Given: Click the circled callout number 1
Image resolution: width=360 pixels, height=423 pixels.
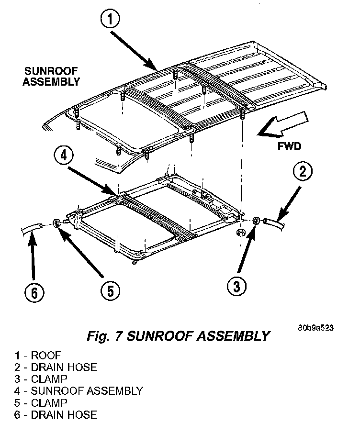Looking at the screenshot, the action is tap(110, 19).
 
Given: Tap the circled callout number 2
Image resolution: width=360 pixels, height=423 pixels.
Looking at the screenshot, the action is tap(303, 172).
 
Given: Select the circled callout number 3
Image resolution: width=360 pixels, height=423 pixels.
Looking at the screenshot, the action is tap(236, 286).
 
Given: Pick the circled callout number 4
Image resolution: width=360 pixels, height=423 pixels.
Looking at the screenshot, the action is tap(63, 156).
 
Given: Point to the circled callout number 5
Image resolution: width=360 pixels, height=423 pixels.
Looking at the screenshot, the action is tap(111, 291).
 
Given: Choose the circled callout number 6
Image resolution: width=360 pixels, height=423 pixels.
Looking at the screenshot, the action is tap(34, 293).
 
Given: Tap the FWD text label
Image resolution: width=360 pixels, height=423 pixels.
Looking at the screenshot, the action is tap(289, 146).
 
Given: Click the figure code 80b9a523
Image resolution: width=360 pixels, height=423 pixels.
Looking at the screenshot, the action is tap(316, 328).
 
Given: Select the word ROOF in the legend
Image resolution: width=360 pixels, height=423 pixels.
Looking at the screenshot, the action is tap(46, 355).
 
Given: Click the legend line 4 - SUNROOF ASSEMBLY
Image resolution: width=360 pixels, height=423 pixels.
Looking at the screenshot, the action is tap(79, 391).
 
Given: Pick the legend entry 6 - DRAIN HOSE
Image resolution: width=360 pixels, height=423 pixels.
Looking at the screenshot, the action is tap(56, 415).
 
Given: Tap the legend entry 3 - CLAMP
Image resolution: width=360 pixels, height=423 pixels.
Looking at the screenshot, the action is tap(41, 379).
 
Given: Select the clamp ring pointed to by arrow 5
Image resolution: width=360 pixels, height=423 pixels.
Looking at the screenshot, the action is tap(56, 223).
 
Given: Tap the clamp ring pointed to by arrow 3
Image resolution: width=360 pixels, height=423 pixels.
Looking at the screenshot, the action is tap(256, 221).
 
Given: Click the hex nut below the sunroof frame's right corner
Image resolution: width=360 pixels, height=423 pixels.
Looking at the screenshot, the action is tap(240, 232).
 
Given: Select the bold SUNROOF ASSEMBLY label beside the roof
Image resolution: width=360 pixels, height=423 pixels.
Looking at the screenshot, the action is tap(51, 77).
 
